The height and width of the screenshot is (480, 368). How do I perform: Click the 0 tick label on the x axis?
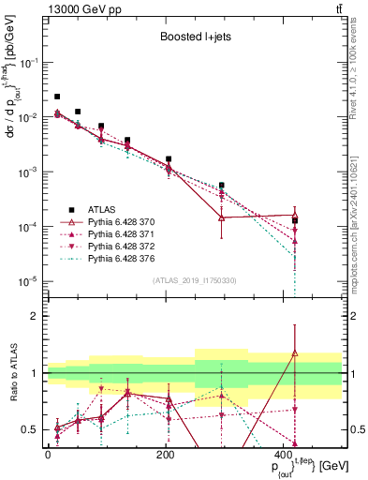pos(47,454)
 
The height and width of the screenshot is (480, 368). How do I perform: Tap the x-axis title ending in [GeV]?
pos(304,467)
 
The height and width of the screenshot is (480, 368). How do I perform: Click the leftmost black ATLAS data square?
pos(57,97)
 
